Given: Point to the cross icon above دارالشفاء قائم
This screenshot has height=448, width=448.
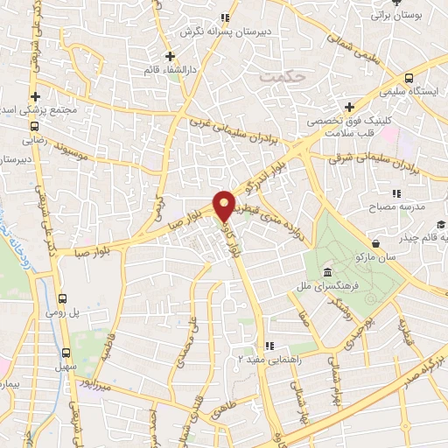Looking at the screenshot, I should (171, 58).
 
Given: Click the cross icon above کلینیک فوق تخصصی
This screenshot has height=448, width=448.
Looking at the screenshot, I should (349, 106).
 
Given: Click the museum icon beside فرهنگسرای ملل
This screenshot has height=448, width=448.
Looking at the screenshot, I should (325, 269).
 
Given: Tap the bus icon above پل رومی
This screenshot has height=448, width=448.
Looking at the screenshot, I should (61, 297).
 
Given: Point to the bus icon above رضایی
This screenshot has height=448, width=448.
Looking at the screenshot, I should (35, 125).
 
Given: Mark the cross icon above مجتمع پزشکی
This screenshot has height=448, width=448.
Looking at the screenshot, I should (35, 96).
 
